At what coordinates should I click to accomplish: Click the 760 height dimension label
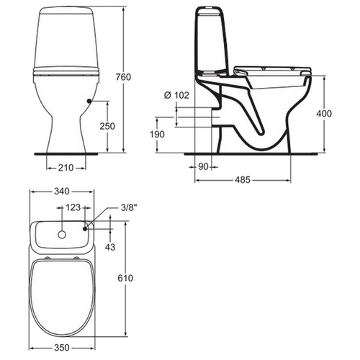(x=123, y=77)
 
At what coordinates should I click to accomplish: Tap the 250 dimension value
(x=107, y=126)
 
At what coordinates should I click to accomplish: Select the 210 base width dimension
(x=66, y=168)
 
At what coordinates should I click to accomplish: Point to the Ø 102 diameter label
(x=176, y=95)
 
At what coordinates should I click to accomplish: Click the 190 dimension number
(x=157, y=135)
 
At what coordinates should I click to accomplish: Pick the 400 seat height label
(x=324, y=114)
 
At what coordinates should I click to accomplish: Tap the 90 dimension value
(x=203, y=166)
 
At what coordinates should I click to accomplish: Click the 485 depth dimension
(x=243, y=179)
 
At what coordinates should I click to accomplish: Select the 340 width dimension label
(x=62, y=192)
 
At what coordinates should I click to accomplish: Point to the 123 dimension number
(x=73, y=207)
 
